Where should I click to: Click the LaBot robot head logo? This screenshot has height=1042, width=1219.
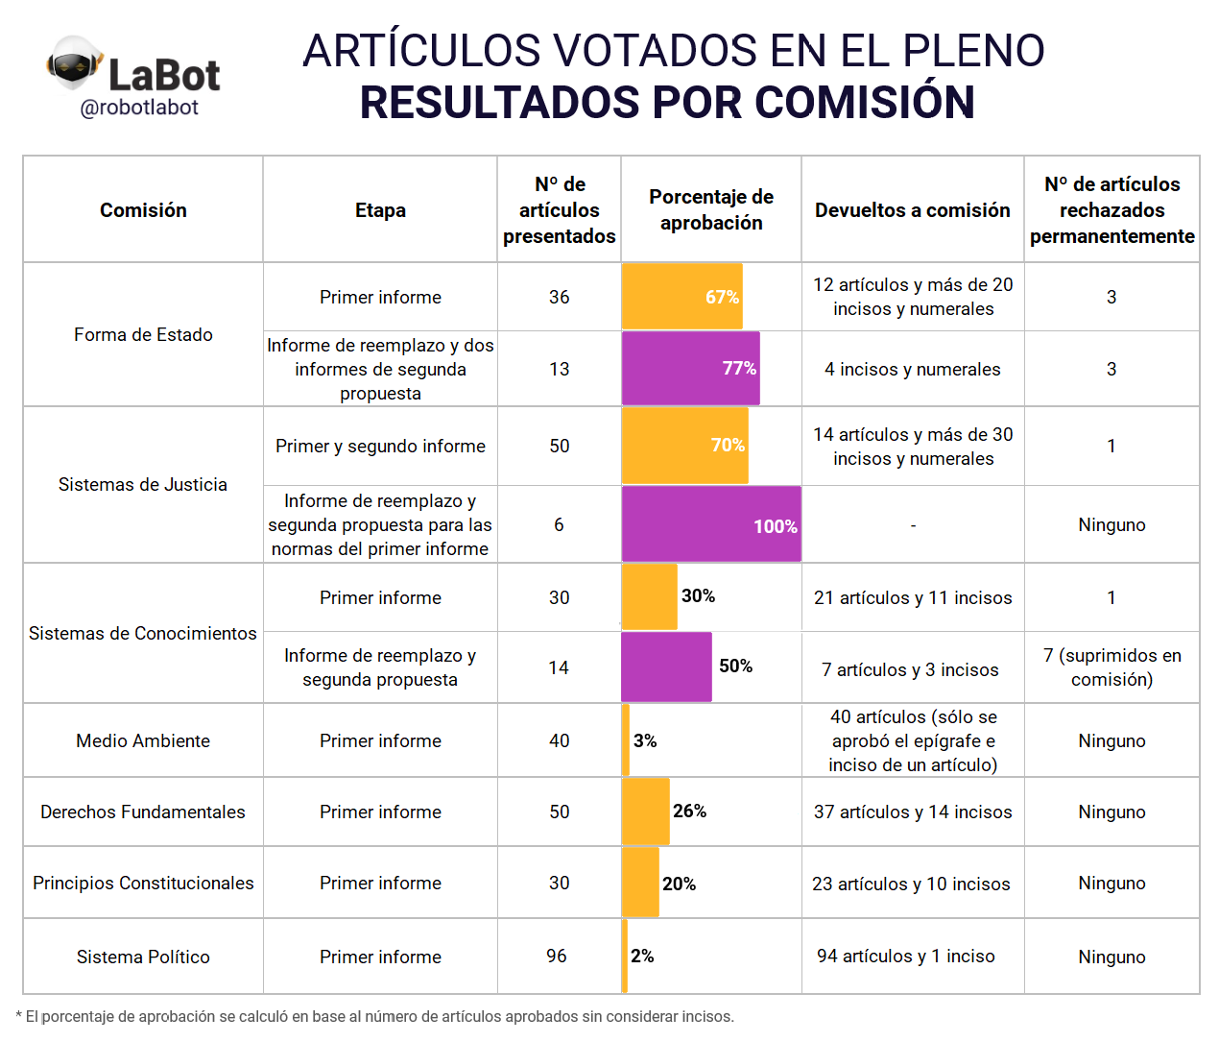tap(74, 65)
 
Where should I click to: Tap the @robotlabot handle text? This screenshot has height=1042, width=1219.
tap(139, 108)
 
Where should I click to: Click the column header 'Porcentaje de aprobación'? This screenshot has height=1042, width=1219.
tap(711, 209)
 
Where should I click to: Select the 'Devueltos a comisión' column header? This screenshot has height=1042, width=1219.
tap(912, 210)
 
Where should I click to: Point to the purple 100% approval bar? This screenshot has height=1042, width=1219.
tap(710, 524)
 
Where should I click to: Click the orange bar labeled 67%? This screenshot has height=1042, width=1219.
tap(681, 297)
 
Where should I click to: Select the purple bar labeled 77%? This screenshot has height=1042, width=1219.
tap(690, 369)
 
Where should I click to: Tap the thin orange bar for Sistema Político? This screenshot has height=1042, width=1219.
tap(625, 956)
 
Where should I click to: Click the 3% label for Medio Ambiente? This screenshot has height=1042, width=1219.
tap(645, 740)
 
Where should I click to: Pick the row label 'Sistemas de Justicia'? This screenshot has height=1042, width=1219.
tap(143, 484)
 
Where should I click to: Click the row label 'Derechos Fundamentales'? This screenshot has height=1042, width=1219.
tap(143, 812)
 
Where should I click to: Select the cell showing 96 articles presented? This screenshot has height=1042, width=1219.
tap(557, 956)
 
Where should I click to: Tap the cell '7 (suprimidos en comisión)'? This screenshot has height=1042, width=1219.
tap(1111, 667)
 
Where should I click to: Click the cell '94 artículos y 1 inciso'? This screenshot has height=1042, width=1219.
tap(905, 956)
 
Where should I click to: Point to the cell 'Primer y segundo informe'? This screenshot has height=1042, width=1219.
tap(380, 446)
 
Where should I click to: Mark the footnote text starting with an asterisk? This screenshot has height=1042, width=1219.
tap(375, 1016)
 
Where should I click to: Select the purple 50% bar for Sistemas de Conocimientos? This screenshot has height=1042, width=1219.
tap(666, 667)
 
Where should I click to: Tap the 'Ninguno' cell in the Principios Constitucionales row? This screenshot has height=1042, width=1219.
tap(1111, 883)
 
